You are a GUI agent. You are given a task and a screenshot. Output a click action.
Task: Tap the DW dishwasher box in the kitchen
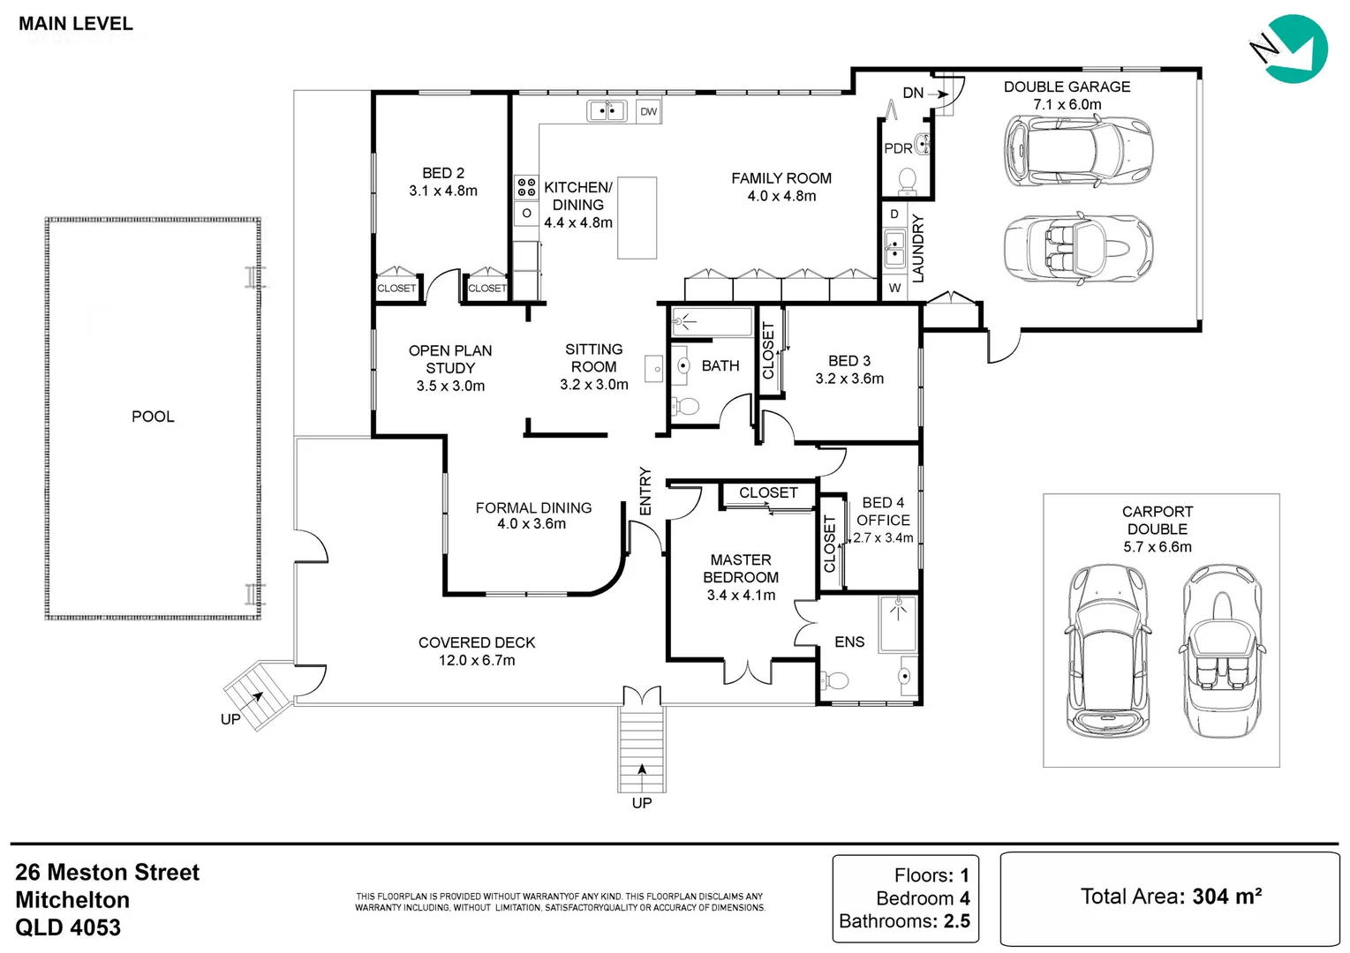(x=648, y=111)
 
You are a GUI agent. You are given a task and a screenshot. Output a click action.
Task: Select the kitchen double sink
(x=607, y=111)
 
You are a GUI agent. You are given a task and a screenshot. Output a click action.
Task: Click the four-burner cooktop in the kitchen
(x=526, y=187)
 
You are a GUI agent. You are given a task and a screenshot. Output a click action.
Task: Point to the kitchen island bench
(x=637, y=218)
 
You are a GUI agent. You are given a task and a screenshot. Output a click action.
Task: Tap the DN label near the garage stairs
(x=913, y=93)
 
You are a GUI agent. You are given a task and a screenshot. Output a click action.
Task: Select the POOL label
(x=153, y=416)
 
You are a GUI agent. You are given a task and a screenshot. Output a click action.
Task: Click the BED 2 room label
(x=443, y=173)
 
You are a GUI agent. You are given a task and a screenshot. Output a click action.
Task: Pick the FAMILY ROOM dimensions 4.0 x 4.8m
(x=781, y=196)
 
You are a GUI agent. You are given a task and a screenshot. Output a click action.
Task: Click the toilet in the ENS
(x=835, y=680)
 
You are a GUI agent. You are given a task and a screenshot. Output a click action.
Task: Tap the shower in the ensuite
(x=898, y=624)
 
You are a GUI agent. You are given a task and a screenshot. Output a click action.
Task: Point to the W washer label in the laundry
(x=895, y=288)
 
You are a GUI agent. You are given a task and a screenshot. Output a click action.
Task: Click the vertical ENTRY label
(x=645, y=491)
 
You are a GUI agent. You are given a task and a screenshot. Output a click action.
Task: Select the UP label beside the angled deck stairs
(x=230, y=719)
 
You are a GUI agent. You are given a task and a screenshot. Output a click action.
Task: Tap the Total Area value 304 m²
(x=1227, y=897)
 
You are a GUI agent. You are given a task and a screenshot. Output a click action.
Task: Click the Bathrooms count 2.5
(x=956, y=921)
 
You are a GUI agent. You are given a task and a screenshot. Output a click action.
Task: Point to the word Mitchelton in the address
(x=72, y=900)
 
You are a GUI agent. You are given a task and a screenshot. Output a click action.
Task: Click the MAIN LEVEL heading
(x=76, y=24)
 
